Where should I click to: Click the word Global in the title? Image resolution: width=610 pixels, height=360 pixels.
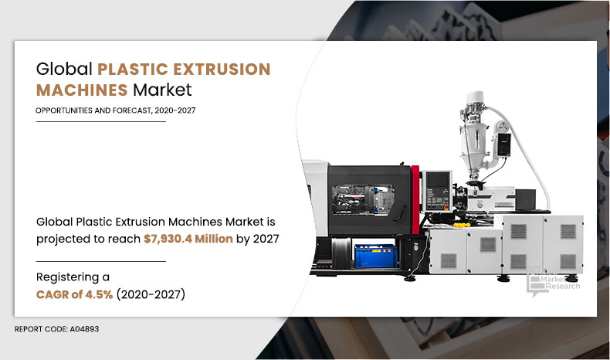pos(62,69)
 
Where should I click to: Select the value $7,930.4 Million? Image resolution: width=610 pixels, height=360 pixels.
pos(188,239)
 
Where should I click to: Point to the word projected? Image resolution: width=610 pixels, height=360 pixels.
pos(66,239)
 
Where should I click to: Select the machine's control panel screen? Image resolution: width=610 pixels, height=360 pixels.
pos(434,185)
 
